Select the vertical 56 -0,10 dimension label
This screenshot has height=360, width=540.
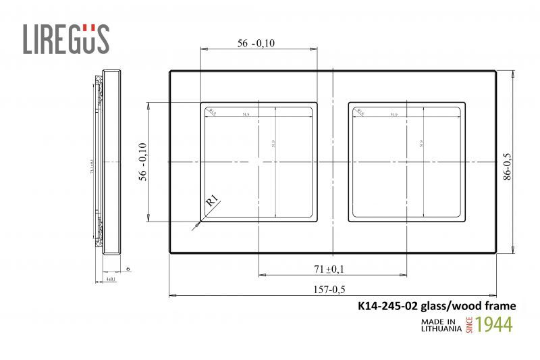coord(142,161)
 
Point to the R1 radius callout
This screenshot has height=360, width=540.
coord(211,200)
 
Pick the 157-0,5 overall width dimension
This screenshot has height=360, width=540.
coord(330,289)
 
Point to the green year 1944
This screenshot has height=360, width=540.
coord(494,324)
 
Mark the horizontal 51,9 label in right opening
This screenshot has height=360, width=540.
coord(393,114)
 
